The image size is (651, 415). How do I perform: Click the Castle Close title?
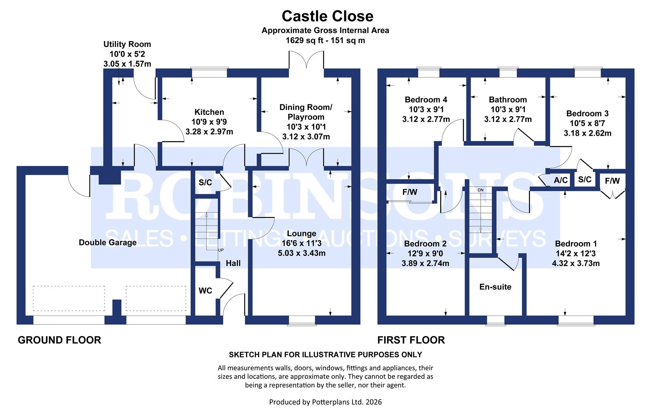point(327,16)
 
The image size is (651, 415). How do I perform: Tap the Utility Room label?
point(127,44)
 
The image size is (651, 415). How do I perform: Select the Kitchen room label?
point(209,112)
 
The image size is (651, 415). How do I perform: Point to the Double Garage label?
point(108,242)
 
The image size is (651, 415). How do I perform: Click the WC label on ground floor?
point(205,291)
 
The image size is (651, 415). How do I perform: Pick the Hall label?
point(233,263)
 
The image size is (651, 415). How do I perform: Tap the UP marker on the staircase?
point(221,250)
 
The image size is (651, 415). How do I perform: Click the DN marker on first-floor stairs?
point(480,190)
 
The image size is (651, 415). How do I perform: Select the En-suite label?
point(495,287)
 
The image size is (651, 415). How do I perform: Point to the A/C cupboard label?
point(561,180)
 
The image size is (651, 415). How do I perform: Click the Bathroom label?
point(508,100)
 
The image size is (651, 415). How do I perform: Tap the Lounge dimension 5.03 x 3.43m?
point(301,253)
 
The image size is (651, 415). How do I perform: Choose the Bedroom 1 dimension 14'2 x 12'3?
point(576,254)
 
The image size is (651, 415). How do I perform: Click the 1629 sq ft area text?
point(325,40)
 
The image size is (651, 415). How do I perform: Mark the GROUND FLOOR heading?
point(60,340)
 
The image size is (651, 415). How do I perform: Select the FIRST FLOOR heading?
point(411,340)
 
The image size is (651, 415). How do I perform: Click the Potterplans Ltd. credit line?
point(325,402)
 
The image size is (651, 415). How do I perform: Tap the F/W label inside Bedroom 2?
point(410,192)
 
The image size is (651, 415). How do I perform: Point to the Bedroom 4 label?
point(426,100)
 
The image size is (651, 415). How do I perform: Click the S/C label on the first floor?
point(584,179)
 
